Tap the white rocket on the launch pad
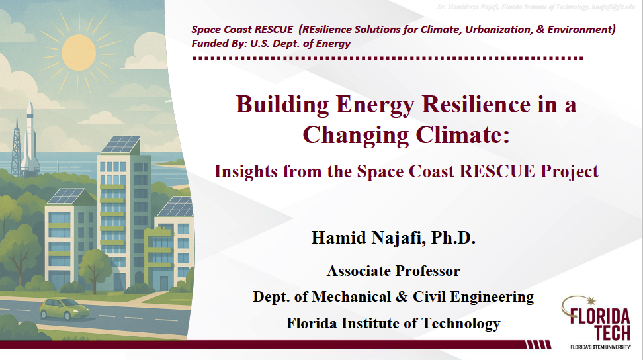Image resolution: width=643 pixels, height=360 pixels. point(29,135)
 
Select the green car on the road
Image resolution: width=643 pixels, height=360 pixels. point(64,308)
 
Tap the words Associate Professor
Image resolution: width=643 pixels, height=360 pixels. point(393,271)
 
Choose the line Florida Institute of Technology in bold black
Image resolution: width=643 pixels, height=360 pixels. point(393,323)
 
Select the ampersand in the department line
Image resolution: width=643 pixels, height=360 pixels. point(403,296)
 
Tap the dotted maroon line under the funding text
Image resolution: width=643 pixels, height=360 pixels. point(387,58)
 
